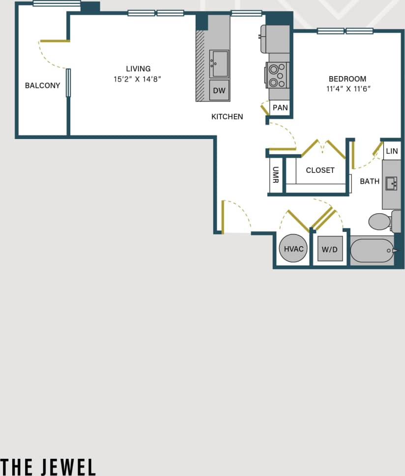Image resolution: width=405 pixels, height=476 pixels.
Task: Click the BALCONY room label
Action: [x=42, y=85]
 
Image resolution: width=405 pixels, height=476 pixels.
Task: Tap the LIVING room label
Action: [x=138, y=69]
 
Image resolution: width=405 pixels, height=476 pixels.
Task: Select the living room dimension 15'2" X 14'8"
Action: [x=138, y=79]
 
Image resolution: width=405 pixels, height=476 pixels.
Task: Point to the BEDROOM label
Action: [x=347, y=79]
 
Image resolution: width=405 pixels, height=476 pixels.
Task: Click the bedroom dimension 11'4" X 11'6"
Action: [x=347, y=89]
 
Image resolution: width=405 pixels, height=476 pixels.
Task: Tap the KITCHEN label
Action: [x=227, y=117]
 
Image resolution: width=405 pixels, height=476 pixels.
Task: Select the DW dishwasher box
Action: [x=219, y=91]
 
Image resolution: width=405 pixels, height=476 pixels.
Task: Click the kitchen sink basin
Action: [x=220, y=64]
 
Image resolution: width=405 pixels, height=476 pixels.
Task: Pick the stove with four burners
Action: [x=278, y=75]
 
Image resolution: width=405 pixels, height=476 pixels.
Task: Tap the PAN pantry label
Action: [x=280, y=108]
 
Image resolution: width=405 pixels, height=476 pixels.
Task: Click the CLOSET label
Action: [x=320, y=170]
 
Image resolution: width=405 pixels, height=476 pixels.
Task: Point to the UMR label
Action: [x=276, y=174]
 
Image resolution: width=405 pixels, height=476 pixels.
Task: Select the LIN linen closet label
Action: [x=392, y=151]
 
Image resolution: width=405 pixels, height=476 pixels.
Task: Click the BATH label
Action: [x=370, y=181]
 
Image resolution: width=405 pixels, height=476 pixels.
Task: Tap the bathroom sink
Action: [x=391, y=184]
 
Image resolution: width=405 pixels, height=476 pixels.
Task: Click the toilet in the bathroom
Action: [x=381, y=222]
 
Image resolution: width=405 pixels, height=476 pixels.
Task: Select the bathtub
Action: [x=372, y=251]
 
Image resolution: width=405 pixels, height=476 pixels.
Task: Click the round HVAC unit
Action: [x=294, y=249]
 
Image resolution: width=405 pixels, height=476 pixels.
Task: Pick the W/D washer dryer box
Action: [x=330, y=249]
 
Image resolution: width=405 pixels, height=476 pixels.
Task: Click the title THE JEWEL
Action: [x=48, y=466]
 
